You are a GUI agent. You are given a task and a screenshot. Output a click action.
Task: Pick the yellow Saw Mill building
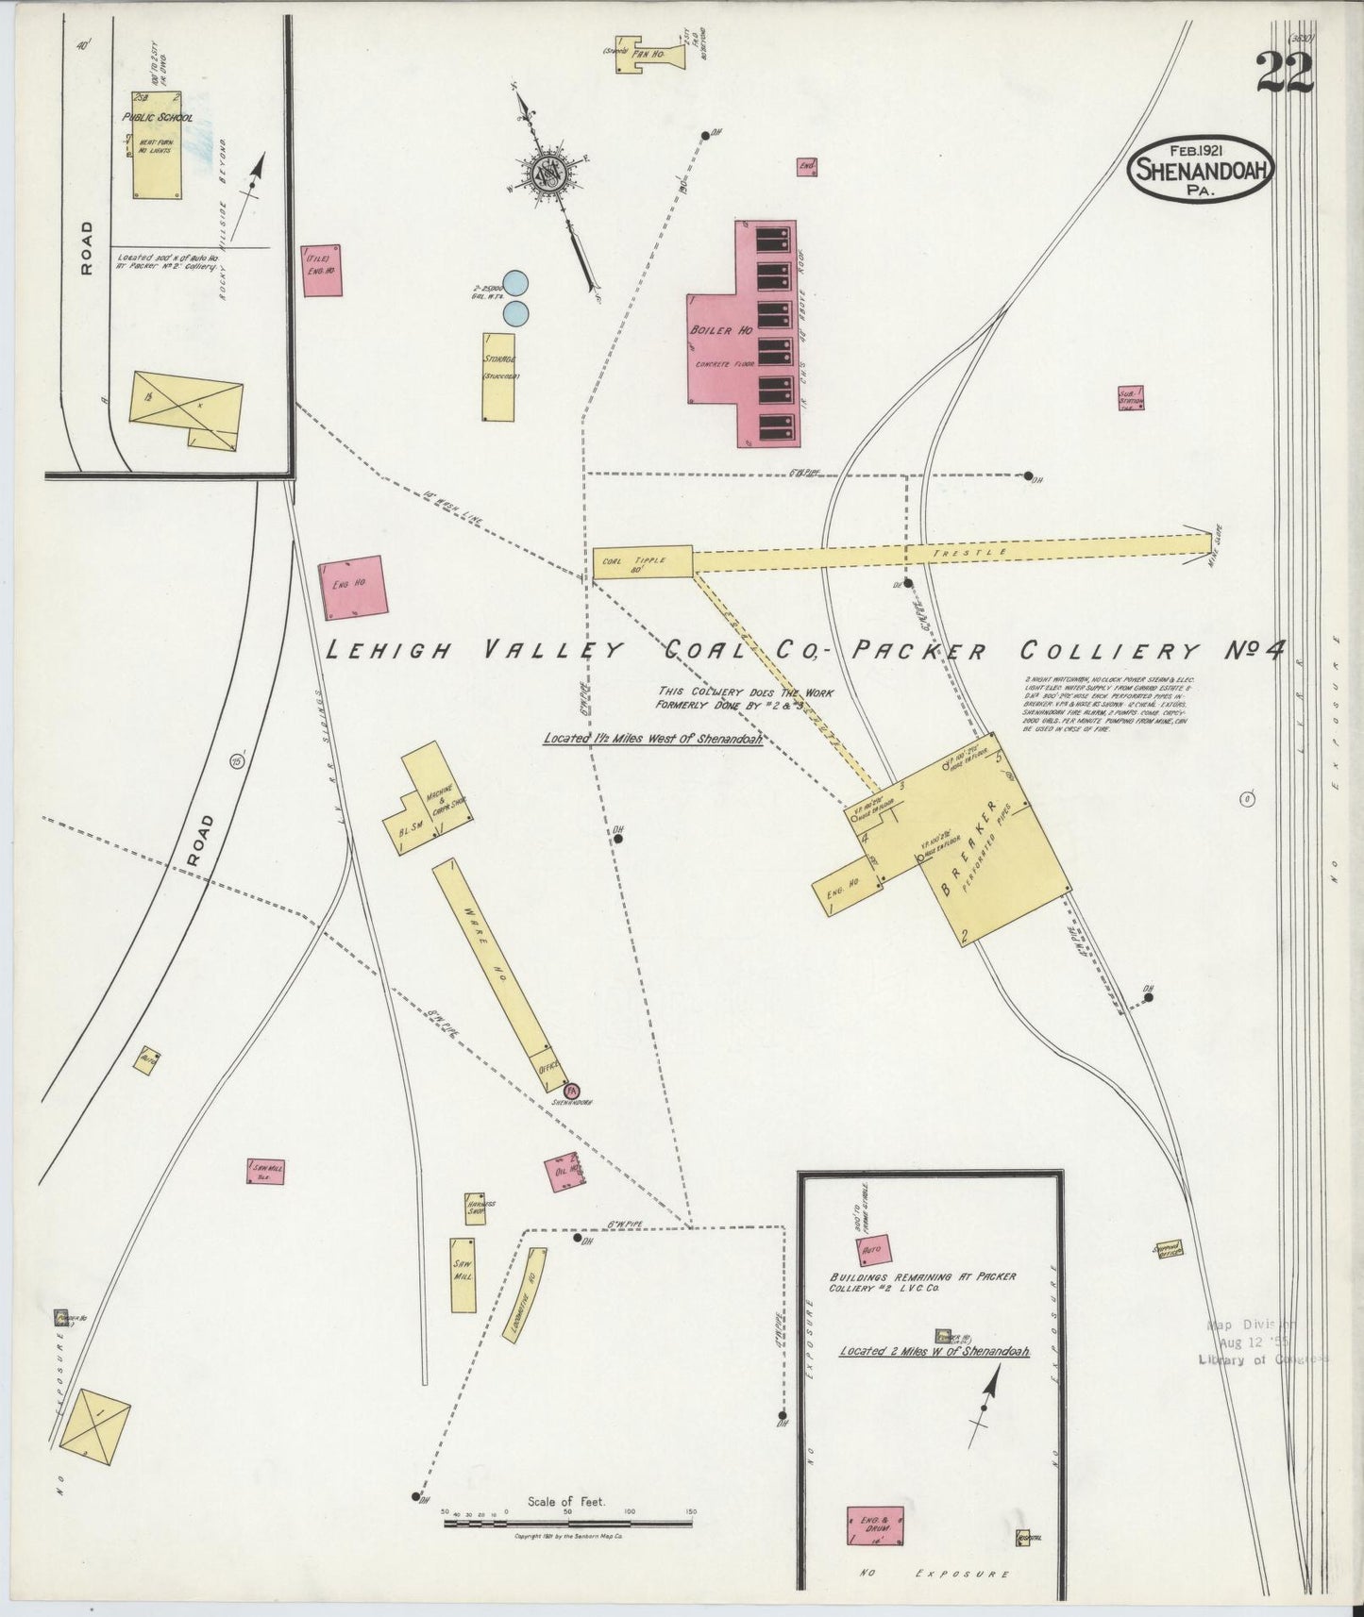point(463,1275)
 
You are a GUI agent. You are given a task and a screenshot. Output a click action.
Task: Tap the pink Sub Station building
point(1130,397)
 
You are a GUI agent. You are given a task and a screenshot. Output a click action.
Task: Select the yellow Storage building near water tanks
point(498,376)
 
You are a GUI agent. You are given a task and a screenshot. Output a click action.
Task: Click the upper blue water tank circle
point(515,283)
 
